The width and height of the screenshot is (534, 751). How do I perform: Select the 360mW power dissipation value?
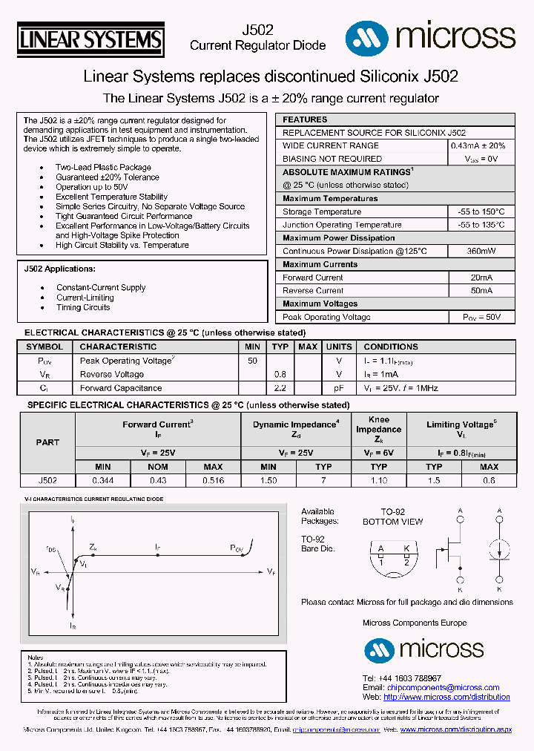coord(481,251)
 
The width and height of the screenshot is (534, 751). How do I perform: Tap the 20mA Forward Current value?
coord(481,278)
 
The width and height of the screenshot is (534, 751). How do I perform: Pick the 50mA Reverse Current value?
coord(481,291)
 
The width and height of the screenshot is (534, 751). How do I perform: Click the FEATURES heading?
coord(305,119)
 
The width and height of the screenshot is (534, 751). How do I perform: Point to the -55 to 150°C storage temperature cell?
coord(481,211)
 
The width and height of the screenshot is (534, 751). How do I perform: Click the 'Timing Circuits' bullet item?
coord(83,307)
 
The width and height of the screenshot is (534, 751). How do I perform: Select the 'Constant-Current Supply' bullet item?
coord(101,288)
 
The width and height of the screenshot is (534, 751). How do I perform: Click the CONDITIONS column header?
coord(391,347)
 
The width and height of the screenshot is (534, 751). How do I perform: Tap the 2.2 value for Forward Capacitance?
coord(280,388)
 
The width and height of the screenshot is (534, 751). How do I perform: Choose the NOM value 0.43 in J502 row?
coord(158,481)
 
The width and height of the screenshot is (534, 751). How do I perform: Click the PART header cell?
coord(47,442)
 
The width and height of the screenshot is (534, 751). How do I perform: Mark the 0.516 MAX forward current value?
coord(213,481)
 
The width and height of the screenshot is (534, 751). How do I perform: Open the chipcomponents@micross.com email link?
coord(443,688)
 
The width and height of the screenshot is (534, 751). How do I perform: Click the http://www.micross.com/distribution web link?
coord(446,697)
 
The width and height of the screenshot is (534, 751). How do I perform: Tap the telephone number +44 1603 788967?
coord(401,678)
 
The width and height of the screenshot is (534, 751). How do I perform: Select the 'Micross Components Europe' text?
coord(415,623)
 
